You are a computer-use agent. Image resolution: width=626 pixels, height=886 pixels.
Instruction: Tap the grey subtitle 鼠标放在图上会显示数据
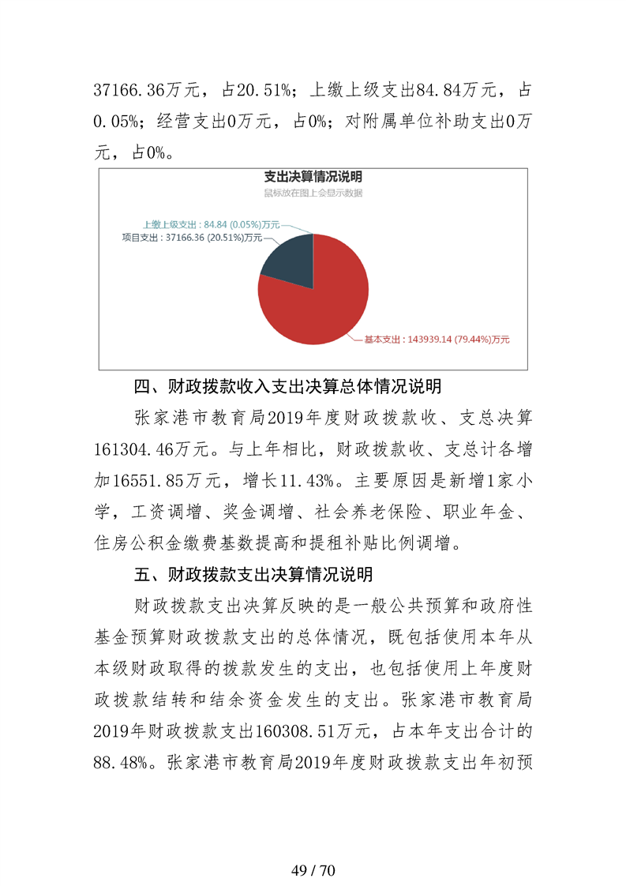(313, 193)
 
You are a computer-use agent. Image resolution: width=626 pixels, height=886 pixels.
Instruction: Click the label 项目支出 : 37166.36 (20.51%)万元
(191, 236)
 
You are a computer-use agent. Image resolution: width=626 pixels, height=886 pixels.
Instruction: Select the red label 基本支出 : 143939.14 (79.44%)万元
(437, 340)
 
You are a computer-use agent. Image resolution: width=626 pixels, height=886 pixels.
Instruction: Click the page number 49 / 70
(313, 849)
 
